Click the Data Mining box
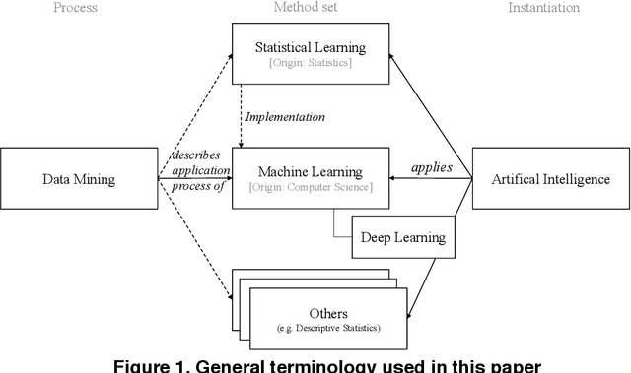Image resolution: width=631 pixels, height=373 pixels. point(78,179)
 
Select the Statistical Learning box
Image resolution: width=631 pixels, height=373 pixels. point(310,55)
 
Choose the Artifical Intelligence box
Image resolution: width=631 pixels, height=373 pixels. point(551,179)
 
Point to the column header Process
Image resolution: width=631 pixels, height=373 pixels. point(76,8)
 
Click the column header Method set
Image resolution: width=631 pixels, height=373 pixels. point(311,8)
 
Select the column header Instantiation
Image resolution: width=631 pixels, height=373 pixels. point(542,8)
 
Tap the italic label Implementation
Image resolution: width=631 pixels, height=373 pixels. point(284,116)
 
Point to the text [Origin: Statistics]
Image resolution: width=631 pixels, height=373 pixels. point(310,64)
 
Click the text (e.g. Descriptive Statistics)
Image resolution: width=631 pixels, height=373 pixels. point(329,328)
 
